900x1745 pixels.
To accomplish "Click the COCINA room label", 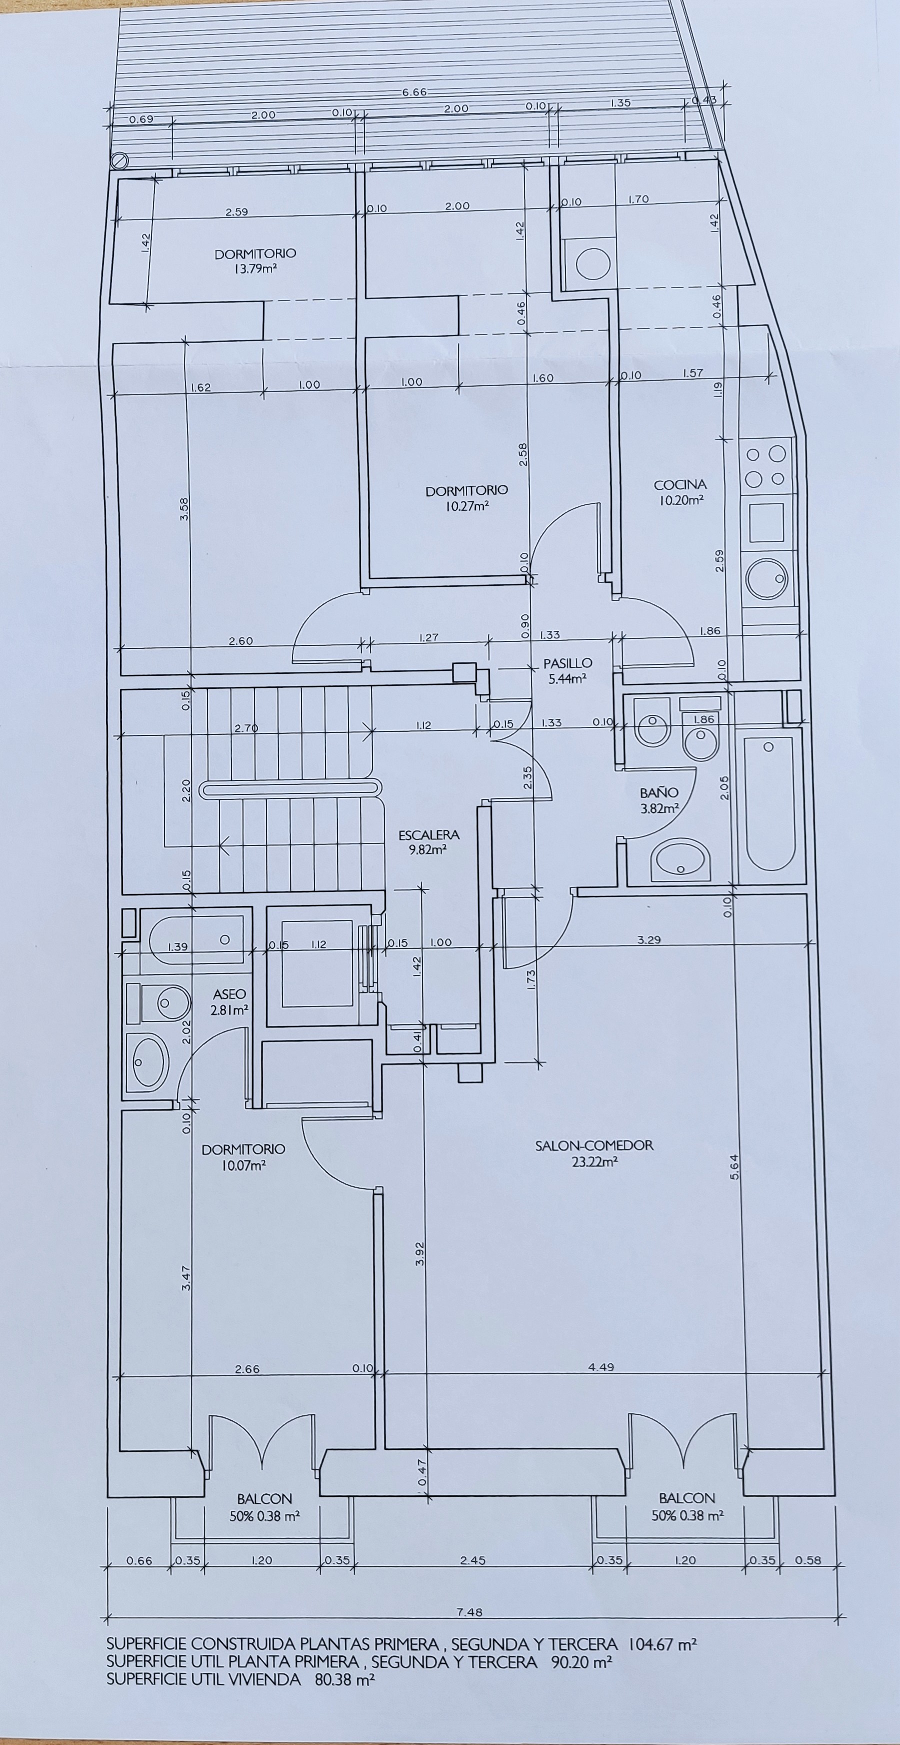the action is click(680, 485).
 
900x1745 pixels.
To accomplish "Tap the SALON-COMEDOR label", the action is click(594, 1146).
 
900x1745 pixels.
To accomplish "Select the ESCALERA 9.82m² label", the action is click(428, 842).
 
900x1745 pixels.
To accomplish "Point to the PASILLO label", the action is click(567, 663).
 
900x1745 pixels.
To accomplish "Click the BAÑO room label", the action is click(659, 792).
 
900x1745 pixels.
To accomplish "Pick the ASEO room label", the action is click(229, 995).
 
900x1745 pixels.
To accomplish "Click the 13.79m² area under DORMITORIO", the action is click(255, 268).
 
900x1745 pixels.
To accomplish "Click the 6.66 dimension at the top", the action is click(414, 92).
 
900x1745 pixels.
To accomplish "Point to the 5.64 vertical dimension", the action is click(735, 1166).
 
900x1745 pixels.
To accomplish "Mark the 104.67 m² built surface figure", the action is click(663, 1644).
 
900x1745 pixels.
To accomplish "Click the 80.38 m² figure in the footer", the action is click(344, 1680).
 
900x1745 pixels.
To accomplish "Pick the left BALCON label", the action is click(264, 1498).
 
